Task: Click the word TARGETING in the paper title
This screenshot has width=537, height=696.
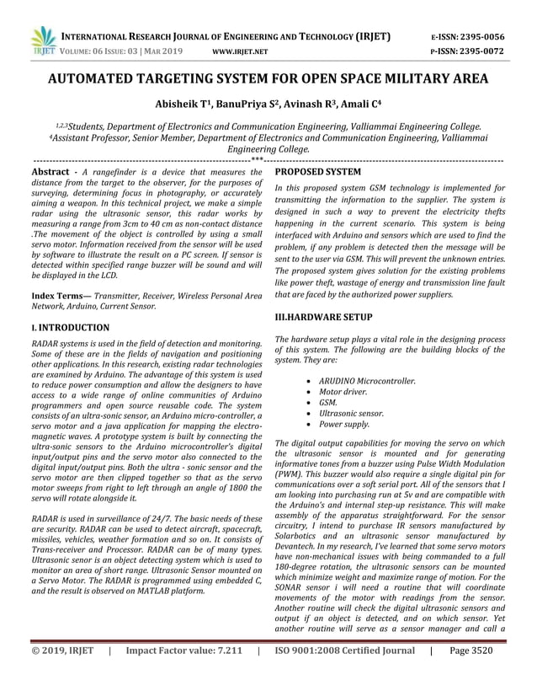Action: tap(193, 80)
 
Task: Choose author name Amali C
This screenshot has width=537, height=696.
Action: tap(342, 105)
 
